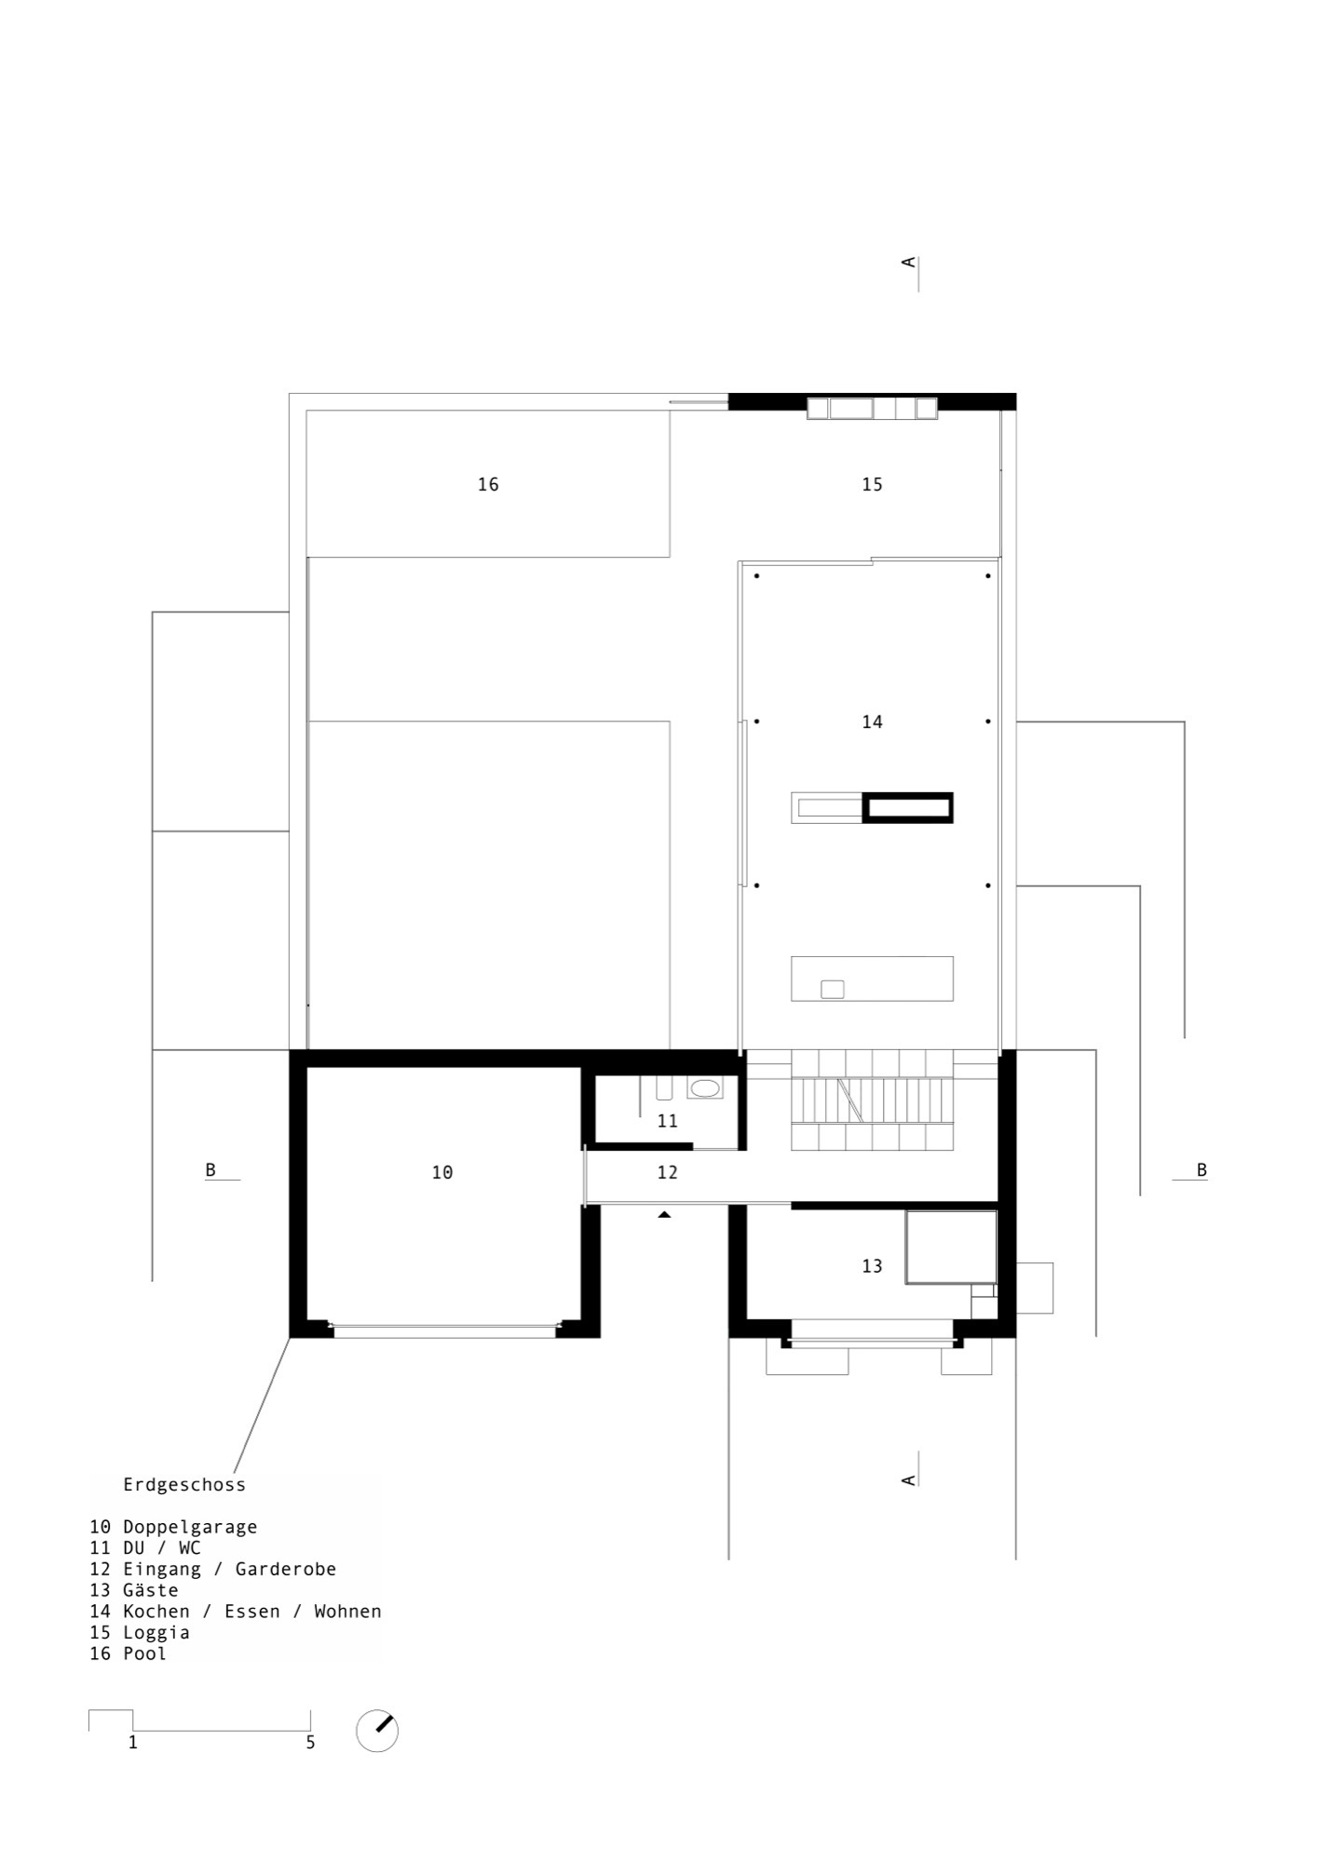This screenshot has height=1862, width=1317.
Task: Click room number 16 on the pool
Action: tap(488, 484)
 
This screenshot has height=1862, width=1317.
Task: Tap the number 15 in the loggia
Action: tap(872, 484)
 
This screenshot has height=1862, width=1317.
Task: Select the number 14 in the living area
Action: tap(872, 722)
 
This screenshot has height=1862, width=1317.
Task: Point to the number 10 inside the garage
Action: tap(442, 1173)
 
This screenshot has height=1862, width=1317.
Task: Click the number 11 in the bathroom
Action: tap(667, 1121)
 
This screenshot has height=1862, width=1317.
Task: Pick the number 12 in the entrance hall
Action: tap(667, 1172)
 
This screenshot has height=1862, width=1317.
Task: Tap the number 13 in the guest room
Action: tap(872, 1266)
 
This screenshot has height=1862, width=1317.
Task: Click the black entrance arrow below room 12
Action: tap(664, 1214)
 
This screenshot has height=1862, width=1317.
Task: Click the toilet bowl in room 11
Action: tap(705, 1087)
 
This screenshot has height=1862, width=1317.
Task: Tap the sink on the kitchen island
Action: tap(832, 989)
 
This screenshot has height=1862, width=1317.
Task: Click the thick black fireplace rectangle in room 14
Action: tap(908, 807)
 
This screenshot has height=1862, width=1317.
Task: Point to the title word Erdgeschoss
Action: tap(184, 1485)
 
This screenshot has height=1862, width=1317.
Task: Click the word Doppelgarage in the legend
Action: tap(190, 1527)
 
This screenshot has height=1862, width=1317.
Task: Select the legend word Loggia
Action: tap(156, 1632)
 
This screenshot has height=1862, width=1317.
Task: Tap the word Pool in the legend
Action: tap(144, 1653)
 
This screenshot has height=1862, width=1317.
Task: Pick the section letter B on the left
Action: tap(210, 1170)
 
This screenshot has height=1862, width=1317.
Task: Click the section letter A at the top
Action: tap(908, 263)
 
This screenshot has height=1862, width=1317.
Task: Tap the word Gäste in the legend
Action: tap(151, 1590)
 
